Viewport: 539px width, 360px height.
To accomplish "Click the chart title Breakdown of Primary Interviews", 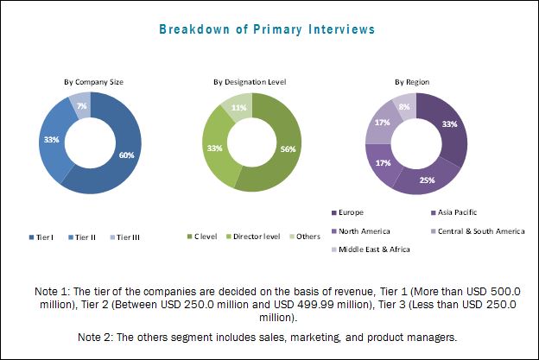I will coord(266,28).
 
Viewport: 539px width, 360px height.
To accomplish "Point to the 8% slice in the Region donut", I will coord(403,106).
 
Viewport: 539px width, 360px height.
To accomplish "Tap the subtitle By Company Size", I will coord(94,81).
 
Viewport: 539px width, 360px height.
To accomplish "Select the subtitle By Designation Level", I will coord(250,81).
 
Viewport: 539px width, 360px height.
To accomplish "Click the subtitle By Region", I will coord(413,81).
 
